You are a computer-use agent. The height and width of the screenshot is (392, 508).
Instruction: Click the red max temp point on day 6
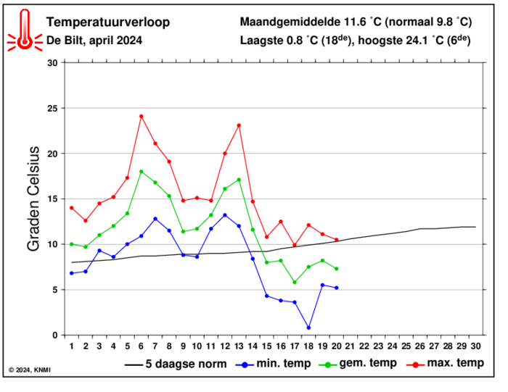(x=142, y=116)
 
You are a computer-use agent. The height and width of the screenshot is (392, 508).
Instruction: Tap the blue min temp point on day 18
(x=308, y=328)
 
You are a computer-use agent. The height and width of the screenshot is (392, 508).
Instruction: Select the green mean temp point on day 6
(x=142, y=171)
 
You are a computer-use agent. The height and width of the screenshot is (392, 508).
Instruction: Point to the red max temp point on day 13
(x=239, y=125)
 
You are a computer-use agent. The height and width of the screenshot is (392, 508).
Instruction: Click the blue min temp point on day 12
(x=225, y=214)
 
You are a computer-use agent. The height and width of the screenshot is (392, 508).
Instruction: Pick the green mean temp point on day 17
(x=295, y=282)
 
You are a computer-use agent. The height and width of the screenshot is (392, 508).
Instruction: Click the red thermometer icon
(x=25, y=31)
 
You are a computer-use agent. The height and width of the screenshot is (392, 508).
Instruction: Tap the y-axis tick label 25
(x=52, y=108)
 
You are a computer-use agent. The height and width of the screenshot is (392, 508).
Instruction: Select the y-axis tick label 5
(x=54, y=290)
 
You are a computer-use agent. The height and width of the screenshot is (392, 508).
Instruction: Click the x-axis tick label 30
(x=475, y=347)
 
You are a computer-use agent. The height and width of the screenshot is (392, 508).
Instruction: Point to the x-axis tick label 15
(x=266, y=347)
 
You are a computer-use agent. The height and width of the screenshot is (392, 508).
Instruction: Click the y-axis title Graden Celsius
(x=33, y=199)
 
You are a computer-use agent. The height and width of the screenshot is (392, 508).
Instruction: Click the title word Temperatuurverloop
(x=108, y=22)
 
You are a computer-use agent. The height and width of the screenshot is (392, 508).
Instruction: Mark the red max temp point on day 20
(x=336, y=240)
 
